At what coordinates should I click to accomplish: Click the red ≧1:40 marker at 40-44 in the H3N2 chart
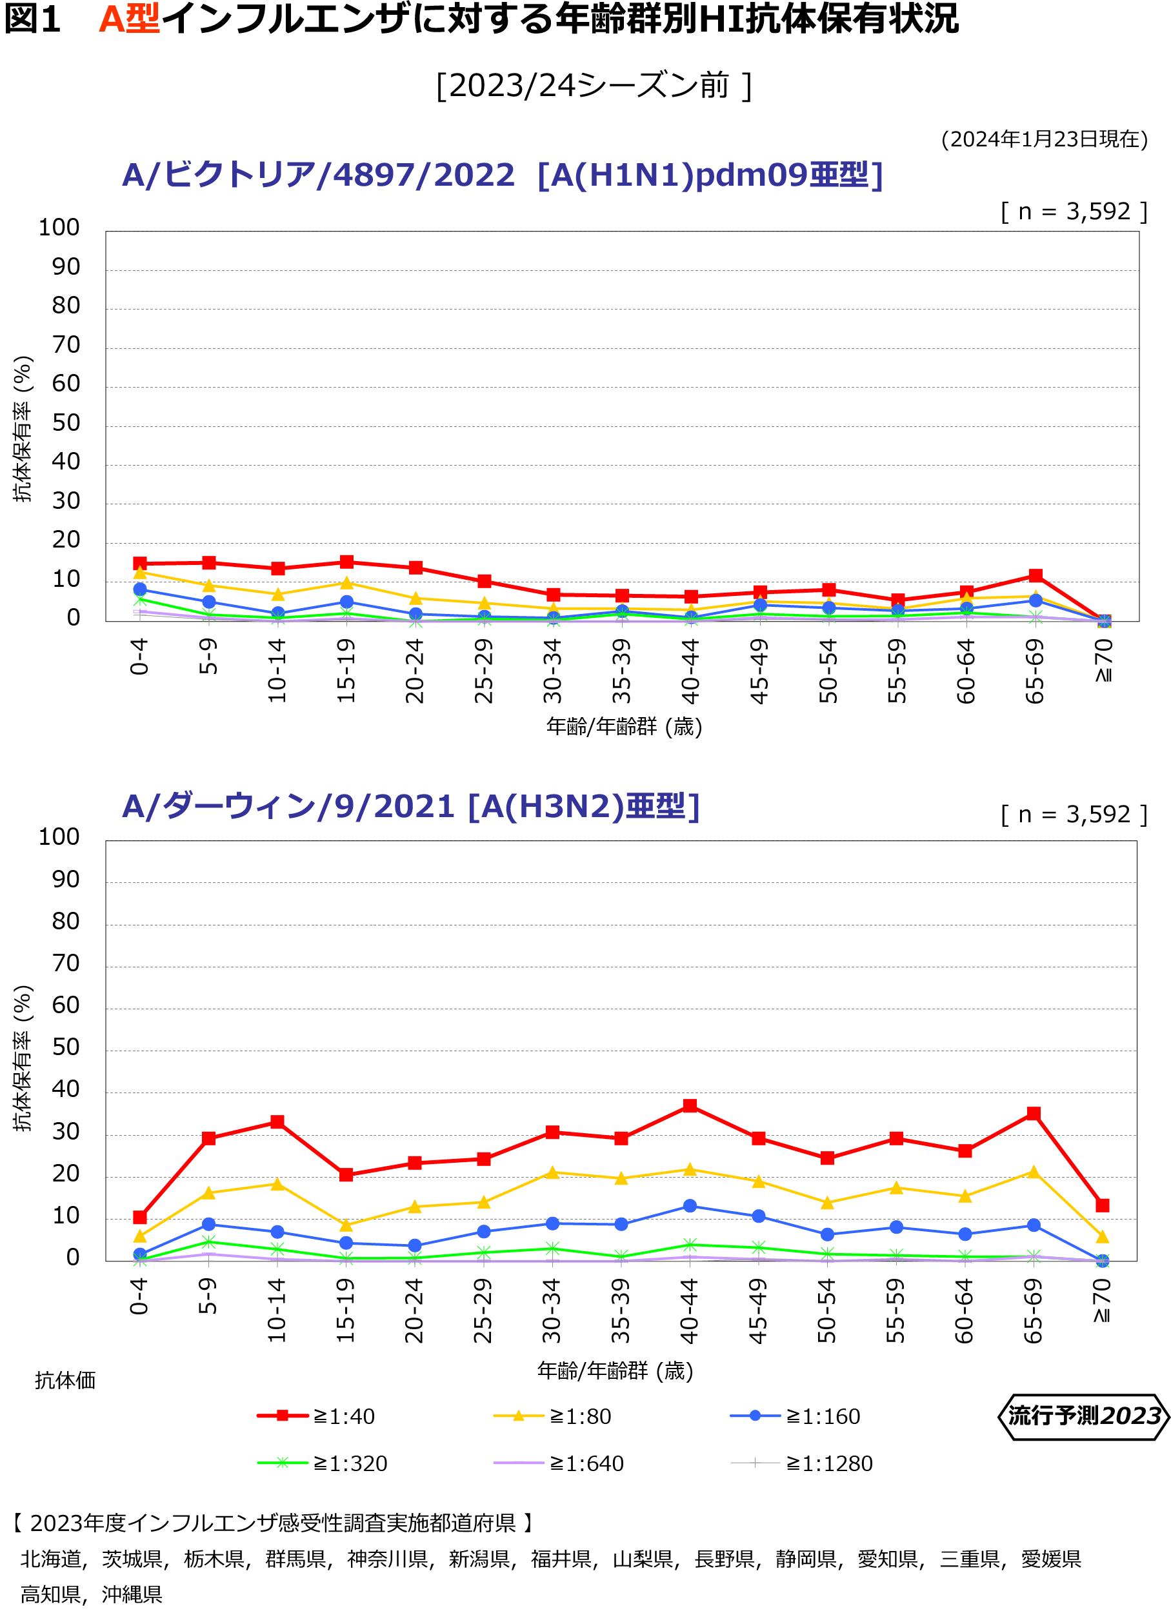point(689,1106)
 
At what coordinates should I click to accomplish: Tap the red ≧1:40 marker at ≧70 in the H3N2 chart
point(1102,1205)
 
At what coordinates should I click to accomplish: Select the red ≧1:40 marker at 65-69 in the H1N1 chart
point(1036,575)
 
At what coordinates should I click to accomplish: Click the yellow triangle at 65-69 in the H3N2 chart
point(1034,1172)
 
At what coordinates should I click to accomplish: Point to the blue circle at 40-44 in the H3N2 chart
point(689,1205)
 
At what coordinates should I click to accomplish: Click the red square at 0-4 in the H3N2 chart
point(140,1217)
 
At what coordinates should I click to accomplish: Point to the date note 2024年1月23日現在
point(1044,139)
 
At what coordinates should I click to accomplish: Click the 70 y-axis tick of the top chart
point(65,345)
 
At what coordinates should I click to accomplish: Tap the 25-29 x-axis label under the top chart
point(484,671)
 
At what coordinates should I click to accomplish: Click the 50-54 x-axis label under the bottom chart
point(826,1310)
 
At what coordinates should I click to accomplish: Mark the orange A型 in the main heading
point(128,19)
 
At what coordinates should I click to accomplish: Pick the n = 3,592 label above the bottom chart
point(1074,814)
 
